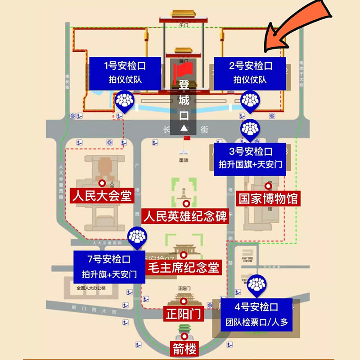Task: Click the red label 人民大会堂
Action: click(x=102, y=197)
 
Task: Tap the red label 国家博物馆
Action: click(x=268, y=198)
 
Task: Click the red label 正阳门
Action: click(x=183, y=314)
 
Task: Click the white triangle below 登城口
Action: click(x=184, y=128)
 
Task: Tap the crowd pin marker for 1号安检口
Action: click(x=125, y=101)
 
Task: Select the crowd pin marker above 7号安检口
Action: click(x=136, y=237)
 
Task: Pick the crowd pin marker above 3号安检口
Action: click(x=249, y=130)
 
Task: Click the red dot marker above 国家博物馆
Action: click(x=269, y=184)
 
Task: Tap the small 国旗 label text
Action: click(x=183, y=160)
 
